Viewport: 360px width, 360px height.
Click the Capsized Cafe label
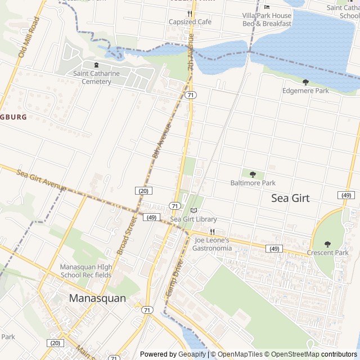(190, 21)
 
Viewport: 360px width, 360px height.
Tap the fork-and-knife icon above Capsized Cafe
(190, 13)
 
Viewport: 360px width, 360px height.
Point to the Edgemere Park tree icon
(305, 82)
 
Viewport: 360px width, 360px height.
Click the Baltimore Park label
(253, 183)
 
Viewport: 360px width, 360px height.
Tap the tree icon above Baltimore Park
(253, 174)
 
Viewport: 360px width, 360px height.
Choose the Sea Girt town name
(290, 198)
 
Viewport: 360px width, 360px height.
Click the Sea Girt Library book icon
(194, 210)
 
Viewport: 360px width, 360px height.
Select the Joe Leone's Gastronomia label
(212, 244)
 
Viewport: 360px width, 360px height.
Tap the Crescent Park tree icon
(327, 244)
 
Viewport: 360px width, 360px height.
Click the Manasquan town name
(97, 298)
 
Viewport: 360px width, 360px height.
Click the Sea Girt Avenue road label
(41, 179)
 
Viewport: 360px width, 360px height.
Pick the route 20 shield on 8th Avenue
(143, 191)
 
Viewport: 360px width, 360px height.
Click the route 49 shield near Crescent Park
(346, 195)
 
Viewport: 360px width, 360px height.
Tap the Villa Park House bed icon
(267, 7)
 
